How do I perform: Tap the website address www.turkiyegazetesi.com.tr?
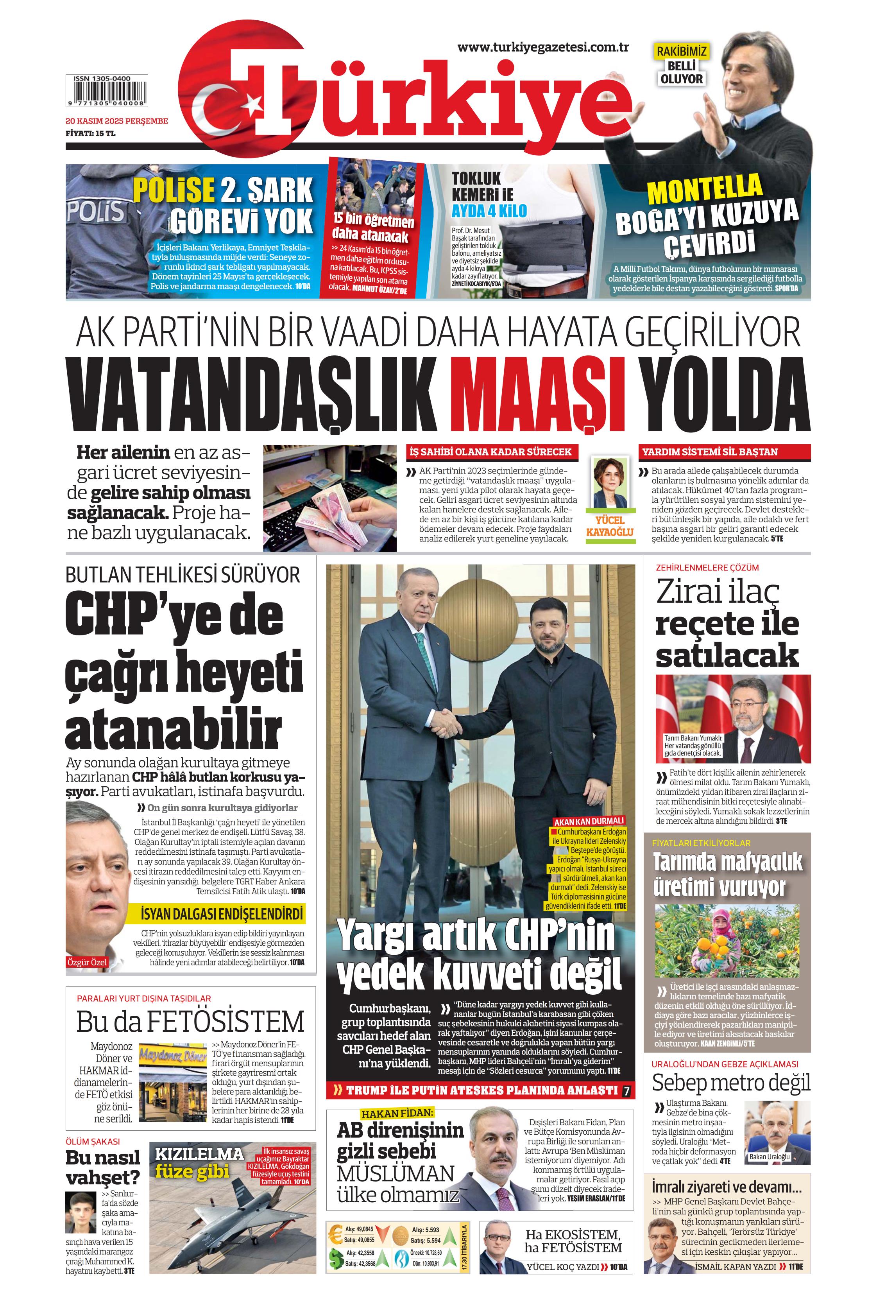(x=543, y=47)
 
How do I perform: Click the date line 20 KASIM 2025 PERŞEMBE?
(x=116, y=121)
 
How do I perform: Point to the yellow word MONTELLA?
(x=705, y=189)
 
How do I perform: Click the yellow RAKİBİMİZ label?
(x=681, y=52)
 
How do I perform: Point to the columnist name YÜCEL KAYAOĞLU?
(x=610, y=526)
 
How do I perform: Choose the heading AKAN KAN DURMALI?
(x=589, y=821)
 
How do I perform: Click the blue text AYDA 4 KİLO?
(x=489, y=211)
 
